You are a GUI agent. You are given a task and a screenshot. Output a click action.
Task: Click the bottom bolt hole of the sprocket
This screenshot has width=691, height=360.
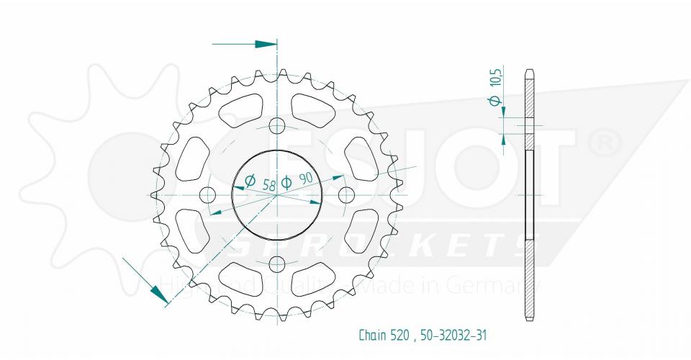pyautogui.click(x=277, y=263)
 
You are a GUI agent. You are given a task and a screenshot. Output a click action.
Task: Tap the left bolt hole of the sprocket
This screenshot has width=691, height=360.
pyautogui.click(x=209, y=194)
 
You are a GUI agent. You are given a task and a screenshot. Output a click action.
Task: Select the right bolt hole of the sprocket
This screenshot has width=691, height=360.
pyautogui.click(x=345, y=194)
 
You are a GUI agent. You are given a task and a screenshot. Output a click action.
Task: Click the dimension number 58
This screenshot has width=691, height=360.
pyautogui.click(x=269, y=185)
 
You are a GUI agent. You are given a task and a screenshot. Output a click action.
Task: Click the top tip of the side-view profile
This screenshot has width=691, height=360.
pyautogui.click(x=530, y=70)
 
